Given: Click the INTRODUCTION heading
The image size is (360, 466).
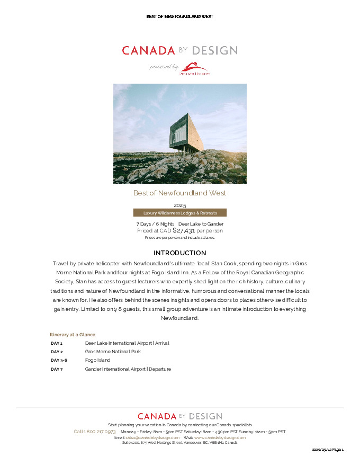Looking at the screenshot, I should (179, 253).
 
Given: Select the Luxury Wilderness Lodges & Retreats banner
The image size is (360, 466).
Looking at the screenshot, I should (179, 213).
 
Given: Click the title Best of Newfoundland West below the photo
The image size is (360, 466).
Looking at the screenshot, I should (179, 193).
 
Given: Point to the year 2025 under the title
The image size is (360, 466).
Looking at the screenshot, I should (179, 205).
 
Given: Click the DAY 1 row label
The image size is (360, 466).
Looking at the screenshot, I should (57, 343).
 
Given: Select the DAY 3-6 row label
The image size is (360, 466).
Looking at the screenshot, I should (59, 360).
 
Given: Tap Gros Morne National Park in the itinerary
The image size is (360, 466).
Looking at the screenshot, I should (113, 352).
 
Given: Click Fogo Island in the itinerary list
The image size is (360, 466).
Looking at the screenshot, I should (97, 360).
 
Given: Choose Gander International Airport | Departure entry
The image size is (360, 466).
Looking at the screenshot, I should (128, 369).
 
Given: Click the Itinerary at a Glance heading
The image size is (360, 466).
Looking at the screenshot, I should (73, 335).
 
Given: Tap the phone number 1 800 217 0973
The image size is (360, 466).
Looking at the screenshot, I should (99, 432).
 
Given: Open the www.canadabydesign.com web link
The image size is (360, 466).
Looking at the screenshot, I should (220, 437).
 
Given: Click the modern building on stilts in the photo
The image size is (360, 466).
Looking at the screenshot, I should (187, 132).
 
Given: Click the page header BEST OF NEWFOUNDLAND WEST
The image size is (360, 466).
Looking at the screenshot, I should (179, 16).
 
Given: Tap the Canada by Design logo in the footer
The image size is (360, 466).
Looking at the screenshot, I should (179, 416).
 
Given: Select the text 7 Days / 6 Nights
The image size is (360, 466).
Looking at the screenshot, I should (155, 224).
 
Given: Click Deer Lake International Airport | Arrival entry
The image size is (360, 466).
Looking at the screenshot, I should (127, 343).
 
